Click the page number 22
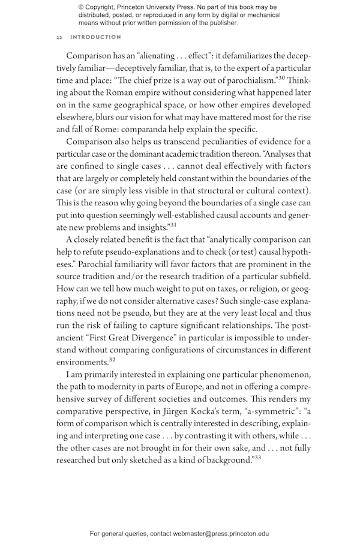tap(59, 37)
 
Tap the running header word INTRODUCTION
tap(96, 37)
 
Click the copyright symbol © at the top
tap(81, 7)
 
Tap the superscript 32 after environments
tap(112, 358)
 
